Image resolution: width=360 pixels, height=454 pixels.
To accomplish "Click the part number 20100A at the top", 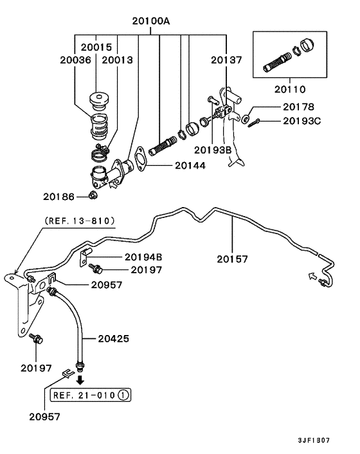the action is point(151,21).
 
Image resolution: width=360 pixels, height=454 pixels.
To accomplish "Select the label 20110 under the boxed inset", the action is point(290,89).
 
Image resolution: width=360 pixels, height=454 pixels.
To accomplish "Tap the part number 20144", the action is point(190,165).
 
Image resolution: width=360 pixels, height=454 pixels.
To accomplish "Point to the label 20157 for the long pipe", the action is point(232,259).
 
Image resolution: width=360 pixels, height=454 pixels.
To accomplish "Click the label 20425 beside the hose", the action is point(113,338).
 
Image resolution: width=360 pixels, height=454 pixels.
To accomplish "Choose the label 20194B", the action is point(143,257).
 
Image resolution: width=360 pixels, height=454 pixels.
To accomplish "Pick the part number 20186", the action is point(59,197).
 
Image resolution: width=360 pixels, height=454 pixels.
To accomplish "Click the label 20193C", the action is point(302,121).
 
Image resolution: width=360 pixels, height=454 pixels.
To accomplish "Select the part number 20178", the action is point(298,107).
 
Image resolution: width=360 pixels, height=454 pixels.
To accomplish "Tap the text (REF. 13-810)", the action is point(80,221).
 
